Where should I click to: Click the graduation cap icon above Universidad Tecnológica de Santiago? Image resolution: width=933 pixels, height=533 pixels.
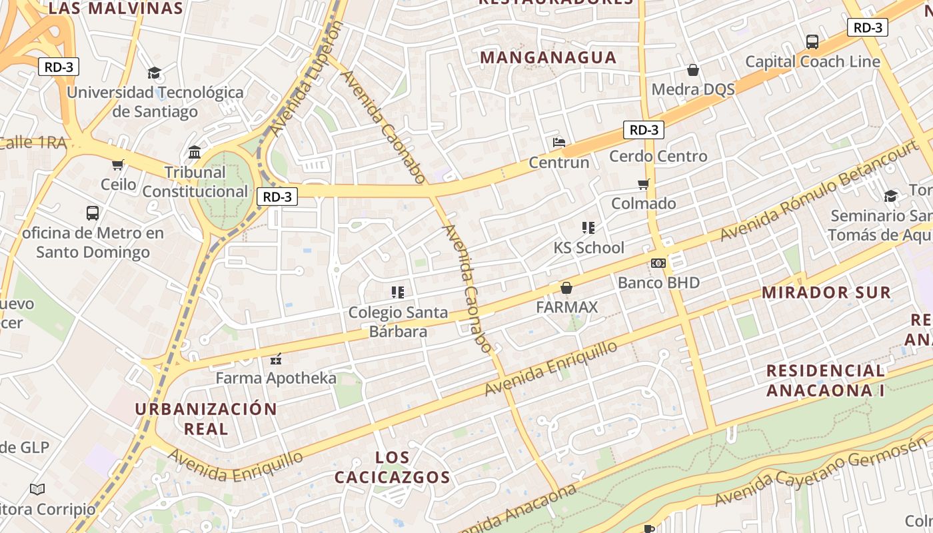pyautogui.click(x=155, y=73)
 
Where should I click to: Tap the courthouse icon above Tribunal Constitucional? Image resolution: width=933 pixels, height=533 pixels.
pyautogui.click(x=195, y=153)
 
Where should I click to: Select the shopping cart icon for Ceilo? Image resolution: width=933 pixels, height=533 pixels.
pyautogui.click(x=118, y=165)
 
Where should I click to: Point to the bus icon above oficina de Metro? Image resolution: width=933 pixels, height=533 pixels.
pyautogui.click(x=93, y=213)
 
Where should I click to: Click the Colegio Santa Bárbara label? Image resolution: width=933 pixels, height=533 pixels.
pyautogui.click(x=398, y=322)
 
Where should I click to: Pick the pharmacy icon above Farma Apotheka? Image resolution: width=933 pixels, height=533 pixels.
pyautogui.click(x=276, y=359)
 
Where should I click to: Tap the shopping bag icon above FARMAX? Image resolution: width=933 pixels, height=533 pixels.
pyautogui.click(x=566, y=288)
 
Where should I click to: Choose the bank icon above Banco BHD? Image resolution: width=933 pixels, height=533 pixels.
pyautogui.click(x=658, y=263)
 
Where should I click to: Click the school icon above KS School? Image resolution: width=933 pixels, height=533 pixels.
pyautogui.click(x=588, y=228)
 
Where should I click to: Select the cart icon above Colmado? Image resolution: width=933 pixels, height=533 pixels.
pyautogui.click(x=643, y=184)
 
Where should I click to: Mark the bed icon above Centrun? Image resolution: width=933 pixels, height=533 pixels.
pyautogui.click(x=559, y=143)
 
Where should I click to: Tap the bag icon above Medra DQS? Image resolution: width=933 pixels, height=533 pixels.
pyautogui.click(x=693, y=70)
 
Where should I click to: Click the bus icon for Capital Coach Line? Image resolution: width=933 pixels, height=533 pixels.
pyautogui.click(x=812, y=42)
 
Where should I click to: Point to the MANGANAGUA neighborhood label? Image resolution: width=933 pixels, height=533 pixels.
pyautogui.click(x=548, y=57)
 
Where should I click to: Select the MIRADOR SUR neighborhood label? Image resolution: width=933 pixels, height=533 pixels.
pyautogui.click(x=826, y=292)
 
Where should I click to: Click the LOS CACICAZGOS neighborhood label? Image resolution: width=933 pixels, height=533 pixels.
pyautogui.click(x=392, y=467)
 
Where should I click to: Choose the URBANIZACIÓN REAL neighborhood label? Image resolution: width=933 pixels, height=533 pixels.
pyautogui.click(x=206, y=418)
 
